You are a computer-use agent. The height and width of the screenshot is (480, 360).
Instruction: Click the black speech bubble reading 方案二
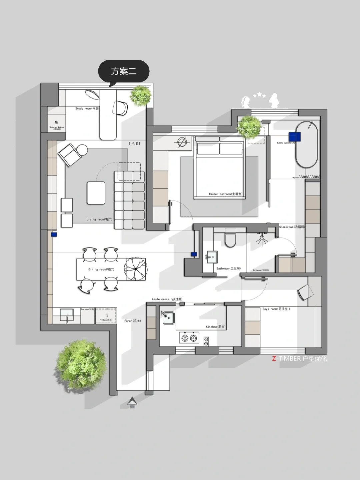point(124,71)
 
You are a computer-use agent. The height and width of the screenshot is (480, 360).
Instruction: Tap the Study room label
point(87,108)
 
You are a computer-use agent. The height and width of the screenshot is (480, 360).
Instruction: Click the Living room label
point(99,219)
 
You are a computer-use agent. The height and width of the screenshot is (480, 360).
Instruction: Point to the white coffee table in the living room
point(96,193)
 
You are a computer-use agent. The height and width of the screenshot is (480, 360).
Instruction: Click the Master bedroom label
point(225,194)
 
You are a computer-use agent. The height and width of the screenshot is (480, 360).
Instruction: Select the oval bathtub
point(307,144)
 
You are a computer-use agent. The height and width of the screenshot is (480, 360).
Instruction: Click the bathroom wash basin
point(212,257)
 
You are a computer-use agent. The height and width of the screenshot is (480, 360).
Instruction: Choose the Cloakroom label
point(292,227)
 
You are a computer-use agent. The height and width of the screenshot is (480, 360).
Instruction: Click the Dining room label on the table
point(101,269)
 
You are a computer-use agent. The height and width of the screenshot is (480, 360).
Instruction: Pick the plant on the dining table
point(135,268)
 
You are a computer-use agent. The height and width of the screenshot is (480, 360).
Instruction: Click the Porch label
point(132,321)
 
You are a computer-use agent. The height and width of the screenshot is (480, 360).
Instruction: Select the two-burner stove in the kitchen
point(189,338)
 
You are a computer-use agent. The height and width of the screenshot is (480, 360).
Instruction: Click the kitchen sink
point(168,318)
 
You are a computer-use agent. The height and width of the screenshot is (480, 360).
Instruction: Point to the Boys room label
point(276,309)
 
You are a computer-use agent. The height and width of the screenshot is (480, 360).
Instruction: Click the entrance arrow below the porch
point(132,402)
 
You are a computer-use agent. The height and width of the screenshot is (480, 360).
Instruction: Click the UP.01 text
point(135,144)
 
